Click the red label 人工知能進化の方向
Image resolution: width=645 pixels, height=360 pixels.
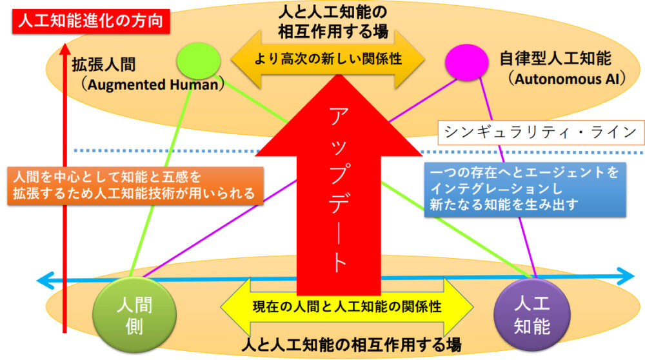(91, 21)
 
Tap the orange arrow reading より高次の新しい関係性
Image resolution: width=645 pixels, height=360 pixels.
(328, 59)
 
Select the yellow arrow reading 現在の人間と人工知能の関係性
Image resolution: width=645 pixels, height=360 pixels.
(346, 306)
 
